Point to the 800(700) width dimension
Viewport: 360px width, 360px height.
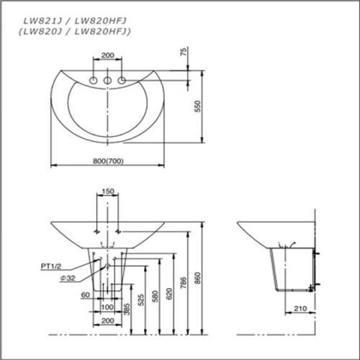109,160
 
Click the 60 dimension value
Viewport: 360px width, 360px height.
86,295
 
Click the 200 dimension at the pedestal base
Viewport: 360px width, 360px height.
107,321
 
